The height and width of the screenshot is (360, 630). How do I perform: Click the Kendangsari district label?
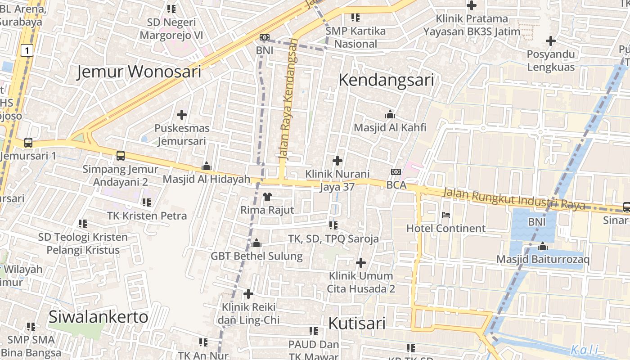point(386,80)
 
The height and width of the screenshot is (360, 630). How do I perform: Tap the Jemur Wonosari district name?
point(139,72)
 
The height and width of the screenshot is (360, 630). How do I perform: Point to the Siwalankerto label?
point(98,317)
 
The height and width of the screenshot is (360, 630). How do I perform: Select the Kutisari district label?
point(357,323)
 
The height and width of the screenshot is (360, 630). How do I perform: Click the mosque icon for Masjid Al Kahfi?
point(390,115)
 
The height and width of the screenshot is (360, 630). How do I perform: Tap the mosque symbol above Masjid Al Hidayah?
point(207,166)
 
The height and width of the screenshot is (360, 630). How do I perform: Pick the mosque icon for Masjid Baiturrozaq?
point(543,247)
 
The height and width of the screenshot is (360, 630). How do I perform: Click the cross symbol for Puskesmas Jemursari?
point(182,115)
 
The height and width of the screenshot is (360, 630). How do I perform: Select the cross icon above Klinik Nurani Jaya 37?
point(337,160)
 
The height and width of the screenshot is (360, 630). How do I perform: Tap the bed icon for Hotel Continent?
point(446,215)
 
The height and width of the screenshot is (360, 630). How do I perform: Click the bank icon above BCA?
point(396,172)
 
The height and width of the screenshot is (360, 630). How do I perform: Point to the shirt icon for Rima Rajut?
point(267,197)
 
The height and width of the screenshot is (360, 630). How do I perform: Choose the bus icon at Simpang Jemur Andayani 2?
point(121,156)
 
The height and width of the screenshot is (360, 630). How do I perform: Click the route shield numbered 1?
point(27,51)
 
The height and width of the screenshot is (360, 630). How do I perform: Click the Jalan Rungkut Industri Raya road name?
point(514,198)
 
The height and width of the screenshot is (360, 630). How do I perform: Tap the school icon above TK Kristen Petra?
point(147,202)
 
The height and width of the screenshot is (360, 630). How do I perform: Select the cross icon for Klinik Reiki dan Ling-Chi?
point(248,294)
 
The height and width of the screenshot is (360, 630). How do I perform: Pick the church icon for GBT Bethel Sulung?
point(256,243)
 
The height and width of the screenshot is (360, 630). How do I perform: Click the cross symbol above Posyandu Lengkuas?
point(550,41)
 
